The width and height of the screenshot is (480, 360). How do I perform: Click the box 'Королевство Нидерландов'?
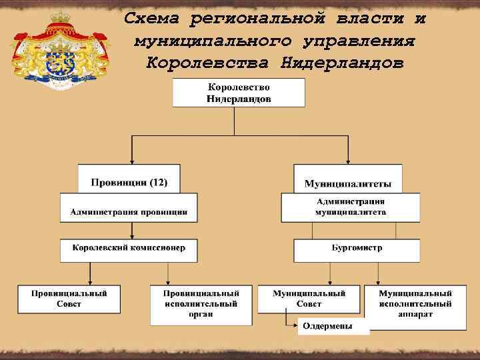tap(239, 93)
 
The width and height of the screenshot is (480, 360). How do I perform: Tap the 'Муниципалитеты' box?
tap(348, 183)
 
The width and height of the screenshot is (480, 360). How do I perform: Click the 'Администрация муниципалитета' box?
tap(351, 207)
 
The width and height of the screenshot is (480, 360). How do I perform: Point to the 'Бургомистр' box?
tap(357, 248)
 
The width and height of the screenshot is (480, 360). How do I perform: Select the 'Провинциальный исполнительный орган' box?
tap(202, 303)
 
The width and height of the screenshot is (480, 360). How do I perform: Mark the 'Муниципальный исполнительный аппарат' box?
tap(415, 303)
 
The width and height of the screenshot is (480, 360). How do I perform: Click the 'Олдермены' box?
tap(327, 325)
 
